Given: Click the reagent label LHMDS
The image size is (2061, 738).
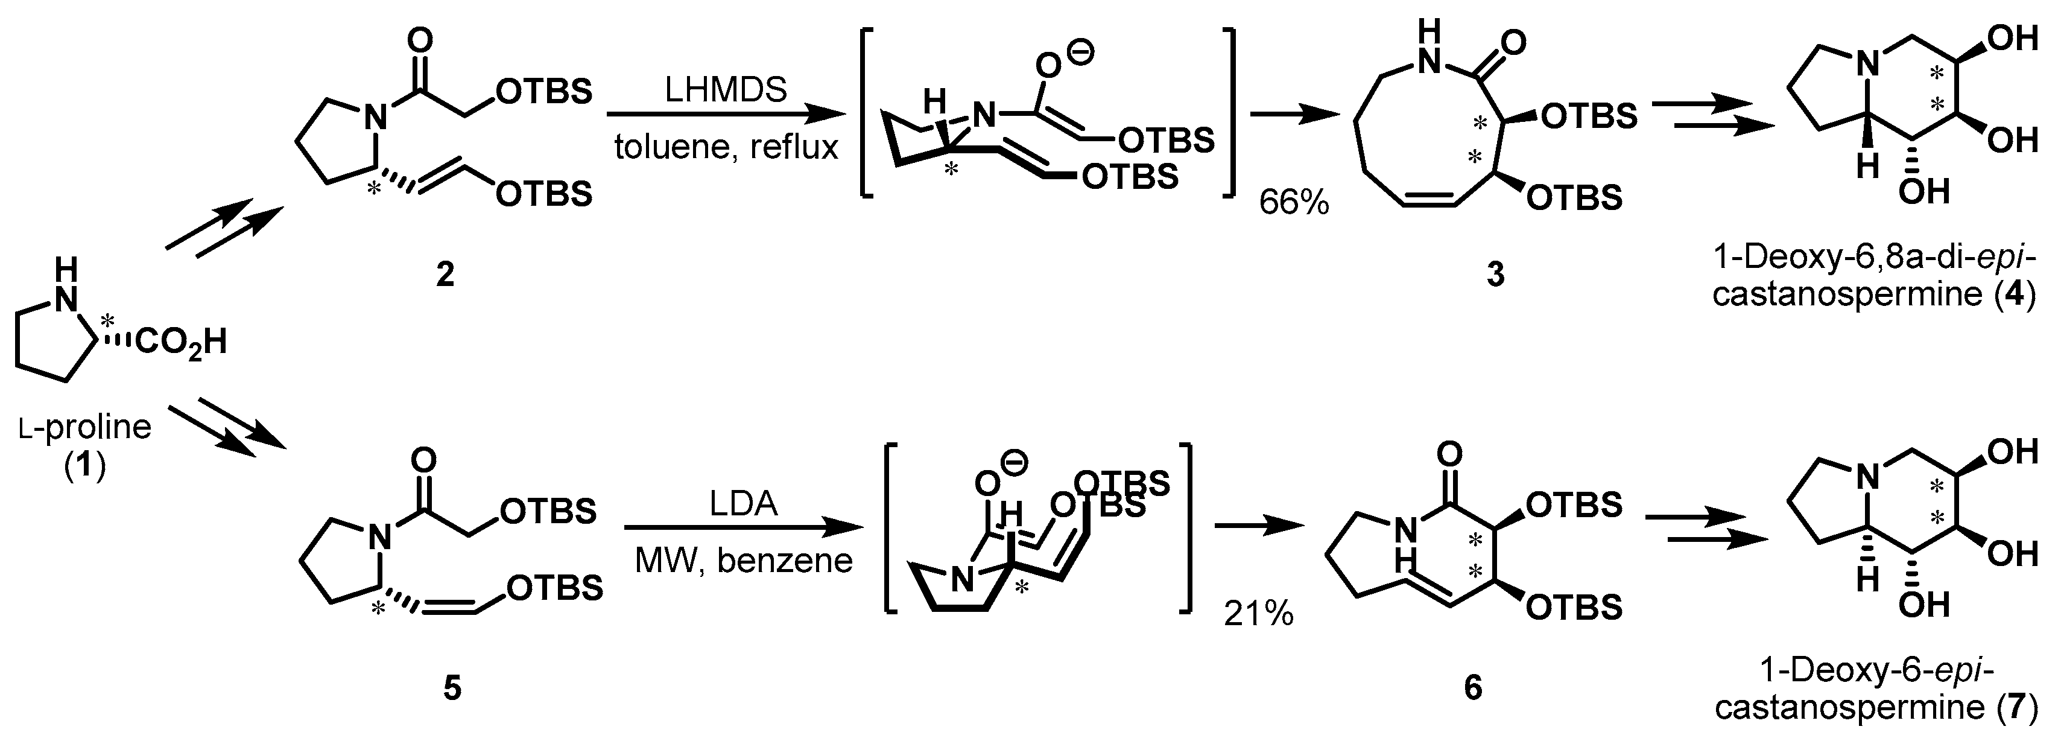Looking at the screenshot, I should pyautogui.click(x=726, y=91).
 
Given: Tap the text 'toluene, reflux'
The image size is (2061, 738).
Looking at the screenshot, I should pyautogui.click(x=726, y=147).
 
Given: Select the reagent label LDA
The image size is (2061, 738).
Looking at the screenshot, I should pyautogui.click(x=743, y=505).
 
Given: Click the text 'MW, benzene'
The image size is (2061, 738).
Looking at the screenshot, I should pyautogui.click(x=743, y=561).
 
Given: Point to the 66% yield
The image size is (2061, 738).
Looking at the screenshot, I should pyautogui.click(x=1294, y=203).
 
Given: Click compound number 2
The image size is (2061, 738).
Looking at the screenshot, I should pyautogui.click(x=445, y=275).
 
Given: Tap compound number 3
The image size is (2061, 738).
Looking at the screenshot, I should pyautogui.click(x=1495, y=275).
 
